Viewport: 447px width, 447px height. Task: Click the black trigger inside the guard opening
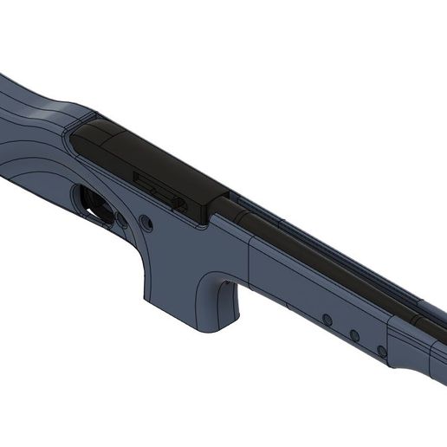tap(97, 204)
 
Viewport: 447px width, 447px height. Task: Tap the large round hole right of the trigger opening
tap(145, 223)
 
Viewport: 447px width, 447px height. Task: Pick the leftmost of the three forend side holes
tap(327, 320)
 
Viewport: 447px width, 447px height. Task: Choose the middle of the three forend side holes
tap(353, 334)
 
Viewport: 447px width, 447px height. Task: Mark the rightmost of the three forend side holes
tap(380, 350)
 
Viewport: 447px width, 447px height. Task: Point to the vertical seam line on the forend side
tap(251, 269)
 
